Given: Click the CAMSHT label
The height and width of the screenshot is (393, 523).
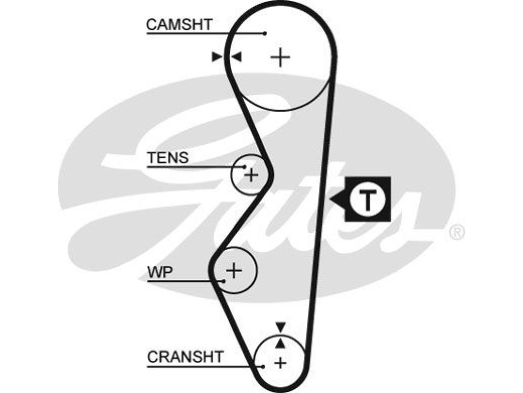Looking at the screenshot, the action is (179, 25).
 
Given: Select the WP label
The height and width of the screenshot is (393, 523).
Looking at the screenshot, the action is (160, 272).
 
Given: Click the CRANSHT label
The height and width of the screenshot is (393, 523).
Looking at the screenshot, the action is (185, 357).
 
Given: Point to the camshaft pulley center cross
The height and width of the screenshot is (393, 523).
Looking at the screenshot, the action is (280, 57).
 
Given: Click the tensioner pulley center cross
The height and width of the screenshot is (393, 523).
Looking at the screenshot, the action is (251, 174).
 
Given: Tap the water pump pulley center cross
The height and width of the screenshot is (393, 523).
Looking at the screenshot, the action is (234, 270).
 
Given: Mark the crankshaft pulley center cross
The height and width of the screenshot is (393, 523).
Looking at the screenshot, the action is (280, 363).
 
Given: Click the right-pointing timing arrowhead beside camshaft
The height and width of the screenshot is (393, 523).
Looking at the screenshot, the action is (217, 57).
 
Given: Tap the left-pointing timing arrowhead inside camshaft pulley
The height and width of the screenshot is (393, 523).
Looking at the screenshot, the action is (236, 57).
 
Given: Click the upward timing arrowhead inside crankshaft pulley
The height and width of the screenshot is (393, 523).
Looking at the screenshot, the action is (281, 342).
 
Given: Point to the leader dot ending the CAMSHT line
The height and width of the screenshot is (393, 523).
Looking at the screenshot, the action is (265, 33).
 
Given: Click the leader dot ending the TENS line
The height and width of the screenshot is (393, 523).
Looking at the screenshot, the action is (245, 167).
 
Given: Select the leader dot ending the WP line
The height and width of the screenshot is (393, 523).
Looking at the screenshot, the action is (224, 281).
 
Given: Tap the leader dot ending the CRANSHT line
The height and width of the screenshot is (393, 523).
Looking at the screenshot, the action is (264, 366).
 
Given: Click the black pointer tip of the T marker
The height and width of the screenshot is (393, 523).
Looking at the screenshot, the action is (330, 200).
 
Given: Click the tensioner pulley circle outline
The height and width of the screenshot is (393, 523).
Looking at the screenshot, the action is (231, 174).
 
